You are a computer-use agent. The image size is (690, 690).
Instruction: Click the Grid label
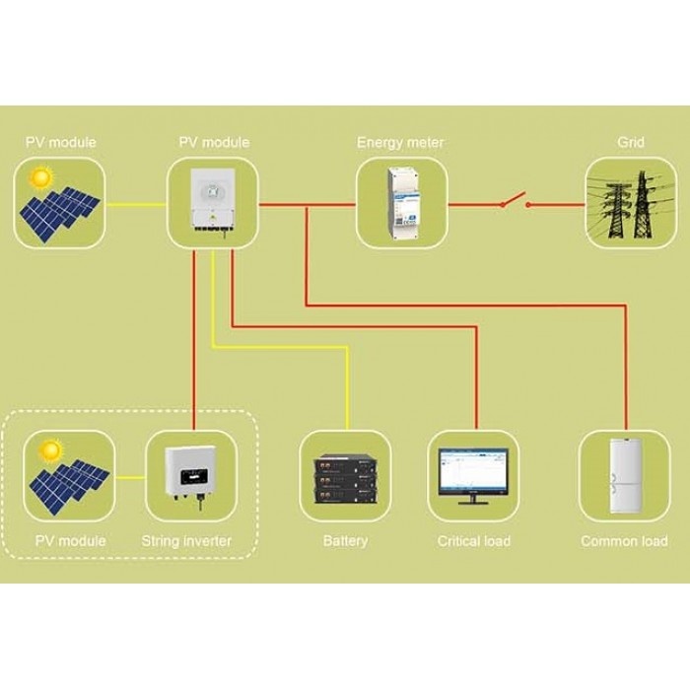point(631,143)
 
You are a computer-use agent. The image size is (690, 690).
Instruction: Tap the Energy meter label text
point(400,143)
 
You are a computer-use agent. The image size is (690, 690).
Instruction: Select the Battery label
point(345,540)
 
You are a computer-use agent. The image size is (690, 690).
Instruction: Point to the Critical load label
point(474,540)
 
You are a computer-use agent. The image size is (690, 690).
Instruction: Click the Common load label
point(624,540)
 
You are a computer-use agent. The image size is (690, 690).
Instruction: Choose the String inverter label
point(187,540)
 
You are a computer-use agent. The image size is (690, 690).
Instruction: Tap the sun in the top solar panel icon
point(40,178)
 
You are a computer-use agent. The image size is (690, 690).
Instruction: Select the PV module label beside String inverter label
point(70,540)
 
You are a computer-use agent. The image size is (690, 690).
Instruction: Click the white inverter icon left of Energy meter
point(213,204)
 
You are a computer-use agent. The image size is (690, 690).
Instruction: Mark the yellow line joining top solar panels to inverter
point(134,205)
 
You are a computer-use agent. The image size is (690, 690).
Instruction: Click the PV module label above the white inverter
point(214,143)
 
